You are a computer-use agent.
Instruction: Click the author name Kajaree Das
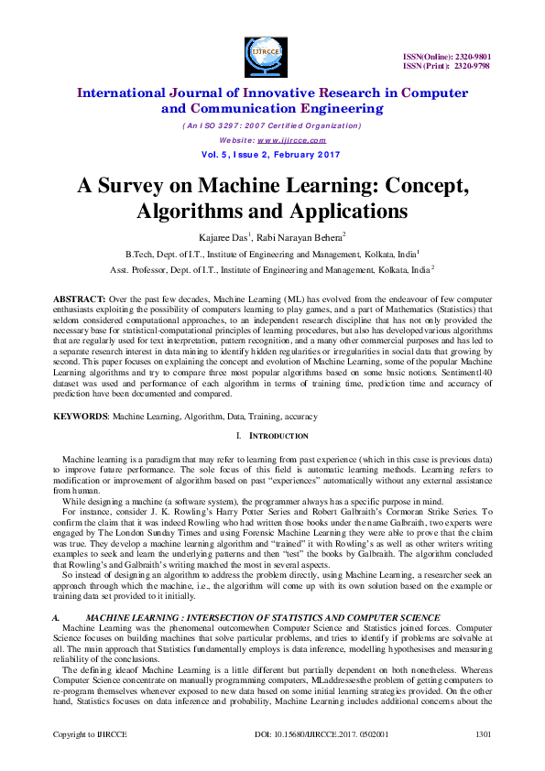[217, 237]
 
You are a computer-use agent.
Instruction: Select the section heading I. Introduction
[272, 436]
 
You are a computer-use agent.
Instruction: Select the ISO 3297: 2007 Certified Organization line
[271, 125]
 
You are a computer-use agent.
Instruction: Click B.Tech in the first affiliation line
[141, 254]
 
